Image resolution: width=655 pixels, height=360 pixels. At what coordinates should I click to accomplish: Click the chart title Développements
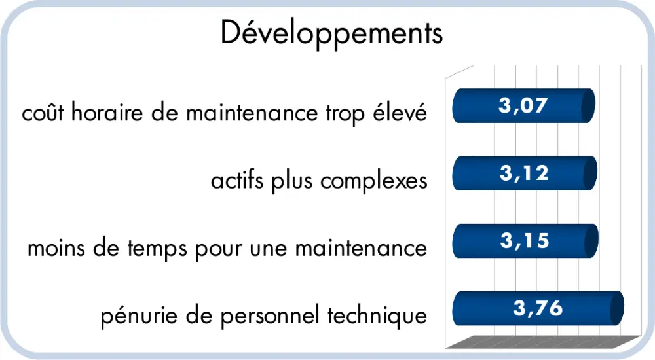[331, 33]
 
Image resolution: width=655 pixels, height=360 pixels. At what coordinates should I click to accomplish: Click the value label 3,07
[522, 105]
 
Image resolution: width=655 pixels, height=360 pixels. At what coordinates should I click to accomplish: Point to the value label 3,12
[522, 173]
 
